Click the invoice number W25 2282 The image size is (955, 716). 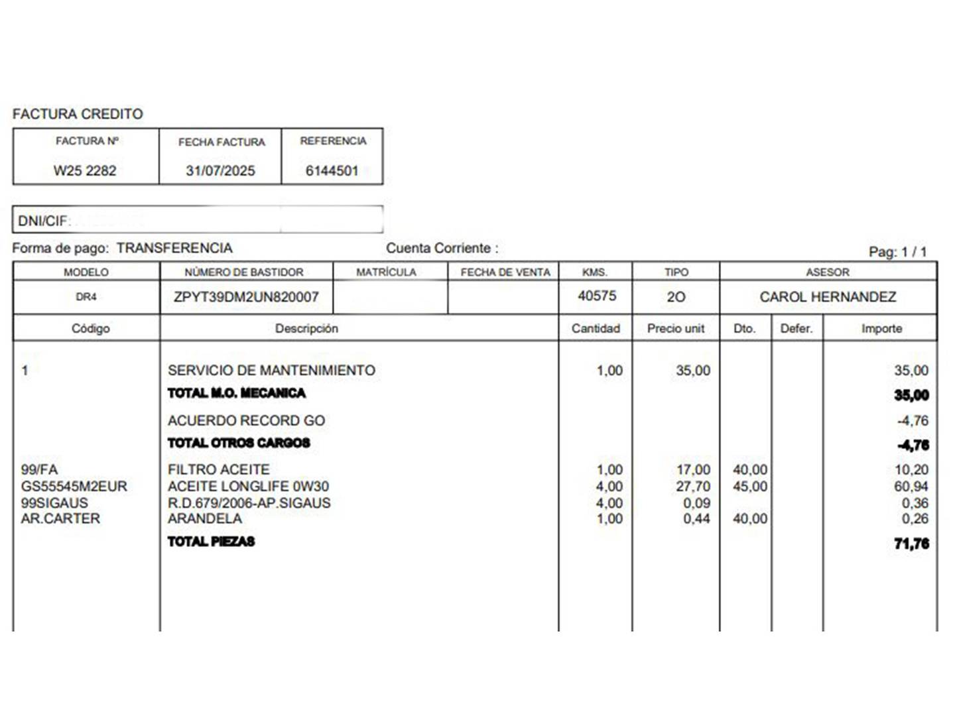click(x=85, y=170)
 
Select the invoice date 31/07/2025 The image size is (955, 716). click(x=220, y=170)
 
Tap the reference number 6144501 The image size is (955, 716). click(x=332, y=170)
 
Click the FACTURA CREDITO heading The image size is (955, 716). click(x=78, y=114)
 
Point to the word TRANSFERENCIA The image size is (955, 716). click(x=174, y=248)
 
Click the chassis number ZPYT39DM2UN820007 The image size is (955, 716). click(x=246, y=297)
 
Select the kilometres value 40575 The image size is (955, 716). click(x=597, y=296)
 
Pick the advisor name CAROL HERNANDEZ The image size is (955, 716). click(x=828, y=297)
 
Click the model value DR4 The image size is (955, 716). click(x=86, y=297)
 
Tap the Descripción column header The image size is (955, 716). click(x=306, y=328)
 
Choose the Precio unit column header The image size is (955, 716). click(x=676, y=328)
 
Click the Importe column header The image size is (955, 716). click(x=881, y=328)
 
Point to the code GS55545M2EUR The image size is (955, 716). click(x=74, y=486)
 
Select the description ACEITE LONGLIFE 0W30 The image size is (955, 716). click(x=248, y=486)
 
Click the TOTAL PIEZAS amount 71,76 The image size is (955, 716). click(x=911, y=544)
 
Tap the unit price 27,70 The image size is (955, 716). click(x=693, y=486)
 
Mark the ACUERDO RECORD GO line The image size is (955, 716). click(x=246, y=420)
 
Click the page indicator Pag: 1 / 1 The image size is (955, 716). click(x=897, y=252)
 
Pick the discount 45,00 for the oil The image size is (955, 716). click(x=750, y=486)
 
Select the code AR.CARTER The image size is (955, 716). click(x=60, y=518)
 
